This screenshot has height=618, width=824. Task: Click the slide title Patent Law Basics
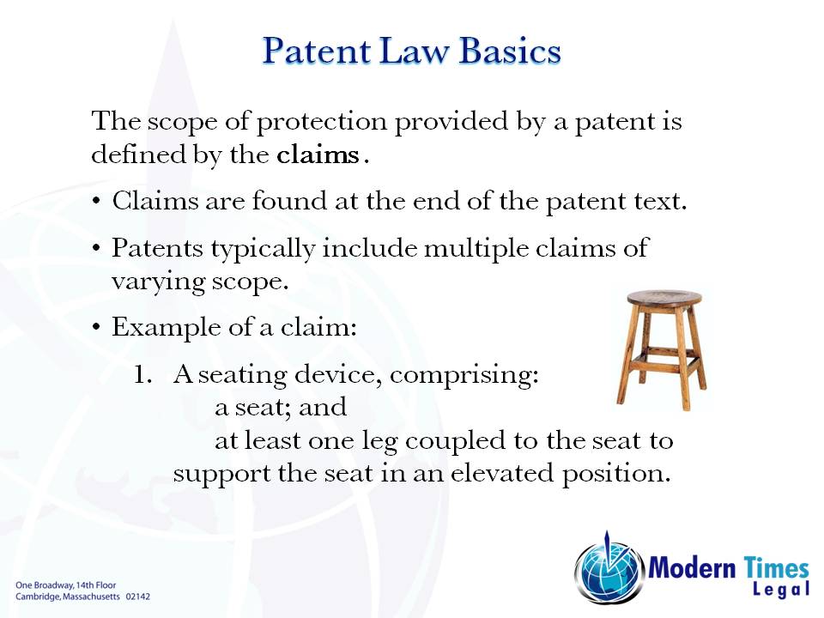pyautogui.click(x=411, y=51)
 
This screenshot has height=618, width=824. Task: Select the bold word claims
pyautogui.click(x=318, y=156)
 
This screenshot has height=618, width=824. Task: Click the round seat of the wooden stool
pyautogui.click(x=663, y=299)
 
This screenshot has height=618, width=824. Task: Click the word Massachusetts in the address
pyautogui.click(x=88, y=595)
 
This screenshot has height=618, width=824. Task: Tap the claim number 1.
pyautogui.click(x=142, y=375)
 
